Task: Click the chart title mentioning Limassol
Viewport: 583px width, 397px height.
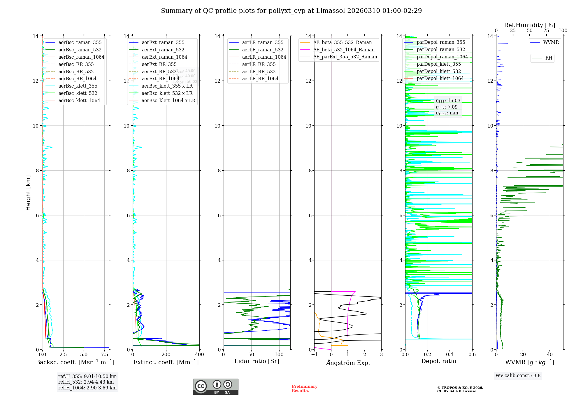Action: [291, 11]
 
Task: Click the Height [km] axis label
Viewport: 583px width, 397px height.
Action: [28, 193]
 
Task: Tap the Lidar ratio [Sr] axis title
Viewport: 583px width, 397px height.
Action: [257, 361]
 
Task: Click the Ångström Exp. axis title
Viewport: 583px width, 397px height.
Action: [348, 363]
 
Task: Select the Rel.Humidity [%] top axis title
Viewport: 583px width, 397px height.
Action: [529, 25]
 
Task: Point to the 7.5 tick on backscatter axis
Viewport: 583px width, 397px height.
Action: [105, 355]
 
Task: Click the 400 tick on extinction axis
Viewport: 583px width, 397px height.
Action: [199, 355]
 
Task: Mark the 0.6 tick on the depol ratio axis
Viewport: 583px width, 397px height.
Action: [472, 355]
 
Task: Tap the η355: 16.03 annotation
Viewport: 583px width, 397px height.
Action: [448, 101]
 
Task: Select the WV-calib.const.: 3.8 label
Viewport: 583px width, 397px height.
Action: [518, 376]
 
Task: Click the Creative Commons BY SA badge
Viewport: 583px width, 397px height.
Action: [215, 386]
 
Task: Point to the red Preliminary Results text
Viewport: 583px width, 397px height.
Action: [304, 389]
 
